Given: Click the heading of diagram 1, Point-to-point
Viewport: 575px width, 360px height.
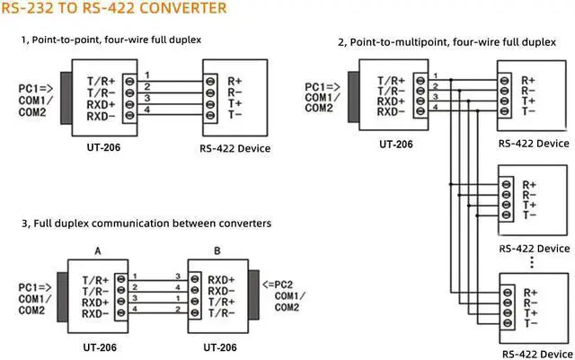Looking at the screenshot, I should coord(111,40).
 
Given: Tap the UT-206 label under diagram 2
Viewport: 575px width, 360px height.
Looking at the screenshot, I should coord(395,144).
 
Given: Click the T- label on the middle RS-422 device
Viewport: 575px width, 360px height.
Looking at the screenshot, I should coord(530,215).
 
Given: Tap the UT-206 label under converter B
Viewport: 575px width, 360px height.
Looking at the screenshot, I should coord(220,345).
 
